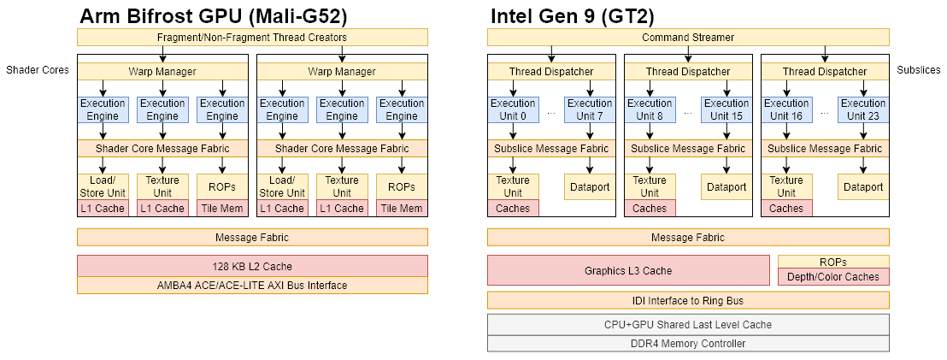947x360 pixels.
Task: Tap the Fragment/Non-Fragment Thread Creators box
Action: [x=252, y=38]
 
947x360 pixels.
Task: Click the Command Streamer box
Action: [x=688, y=38]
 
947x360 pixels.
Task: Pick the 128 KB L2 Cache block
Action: [x=252, y=265]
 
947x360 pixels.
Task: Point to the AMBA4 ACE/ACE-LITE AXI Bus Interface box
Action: [x=252, y=286]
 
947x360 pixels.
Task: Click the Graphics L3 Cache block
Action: [x=628, y=270]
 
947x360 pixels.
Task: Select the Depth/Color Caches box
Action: [x=833, y=277]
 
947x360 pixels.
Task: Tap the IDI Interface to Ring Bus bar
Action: [x=688, y=300]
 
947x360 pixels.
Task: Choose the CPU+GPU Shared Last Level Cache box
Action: [x=688, y=324]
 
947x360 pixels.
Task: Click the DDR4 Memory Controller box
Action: [x=688, y=344]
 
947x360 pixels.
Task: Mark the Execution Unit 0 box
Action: [x=513, y=109]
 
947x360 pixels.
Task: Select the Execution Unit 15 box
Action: [x=726, y=109]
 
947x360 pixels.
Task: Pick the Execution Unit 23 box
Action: [x=863, y=109]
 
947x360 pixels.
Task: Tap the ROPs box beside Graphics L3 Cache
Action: [x=833, y=262]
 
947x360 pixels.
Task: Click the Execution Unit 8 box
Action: [x=650, y=109]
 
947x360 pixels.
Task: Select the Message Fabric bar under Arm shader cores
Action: [x=252, y=237]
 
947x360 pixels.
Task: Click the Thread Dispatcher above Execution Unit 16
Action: [x=825, y=72]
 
